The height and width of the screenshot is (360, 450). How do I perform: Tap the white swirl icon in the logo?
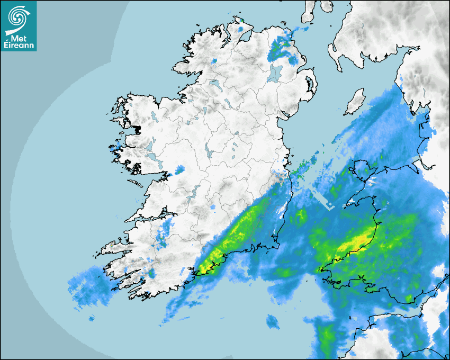point(19,17)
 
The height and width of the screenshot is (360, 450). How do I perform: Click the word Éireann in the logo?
point(19,43)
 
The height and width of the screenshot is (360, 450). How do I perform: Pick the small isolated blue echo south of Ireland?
point(273,321)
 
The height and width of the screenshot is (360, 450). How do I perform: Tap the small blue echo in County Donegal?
point(214,61)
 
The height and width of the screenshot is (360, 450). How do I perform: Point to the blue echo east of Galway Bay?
point(179,170)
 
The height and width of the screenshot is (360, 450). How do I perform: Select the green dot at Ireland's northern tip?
point(241,21)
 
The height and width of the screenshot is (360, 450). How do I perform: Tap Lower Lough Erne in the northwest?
point(214,84)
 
